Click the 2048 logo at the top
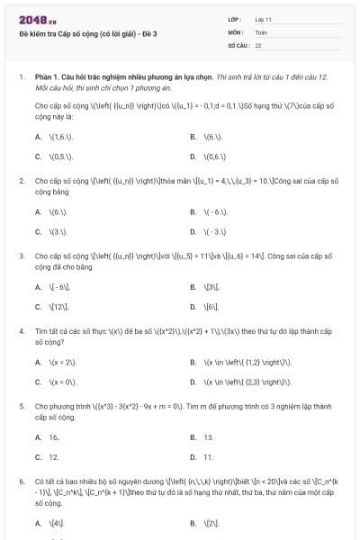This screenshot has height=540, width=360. (31, 19)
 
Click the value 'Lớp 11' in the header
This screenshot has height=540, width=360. (265, 19)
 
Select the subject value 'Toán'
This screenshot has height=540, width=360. (261, 31)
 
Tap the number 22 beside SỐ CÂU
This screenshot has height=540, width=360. (258, 44)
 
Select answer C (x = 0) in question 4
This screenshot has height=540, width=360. (60, 382)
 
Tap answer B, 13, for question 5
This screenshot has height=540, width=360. (208, 437)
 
